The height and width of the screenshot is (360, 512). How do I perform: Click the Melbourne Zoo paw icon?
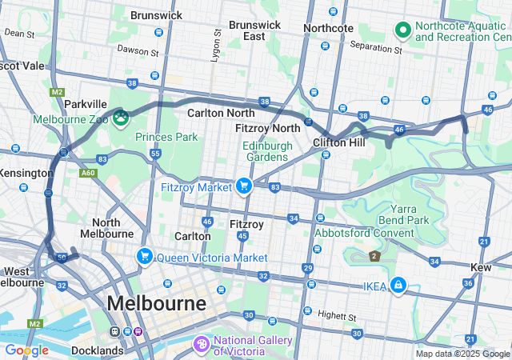click(121, 118)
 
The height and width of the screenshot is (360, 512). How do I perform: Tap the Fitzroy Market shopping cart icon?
click(243, 186)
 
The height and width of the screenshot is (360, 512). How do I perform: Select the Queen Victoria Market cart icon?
click(144, 257)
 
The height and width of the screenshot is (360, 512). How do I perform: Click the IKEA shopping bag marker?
click(398, 285)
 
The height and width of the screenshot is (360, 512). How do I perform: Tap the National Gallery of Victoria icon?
click(201, 343)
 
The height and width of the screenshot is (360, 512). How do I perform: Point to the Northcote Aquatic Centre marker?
click(402, 31)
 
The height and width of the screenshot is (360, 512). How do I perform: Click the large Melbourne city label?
click(156, 304)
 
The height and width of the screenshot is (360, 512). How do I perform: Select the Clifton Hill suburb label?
click(339, 142)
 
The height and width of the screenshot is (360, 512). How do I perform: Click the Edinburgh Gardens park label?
click(266, 150)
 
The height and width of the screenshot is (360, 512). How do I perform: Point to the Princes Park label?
click(166, 137)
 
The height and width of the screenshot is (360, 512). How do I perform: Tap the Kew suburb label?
click(482, 266)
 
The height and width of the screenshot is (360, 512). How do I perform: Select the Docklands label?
click(97, 350)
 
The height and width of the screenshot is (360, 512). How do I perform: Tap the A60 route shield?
click(88, 171)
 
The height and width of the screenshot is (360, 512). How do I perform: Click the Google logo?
click(26, 350)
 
